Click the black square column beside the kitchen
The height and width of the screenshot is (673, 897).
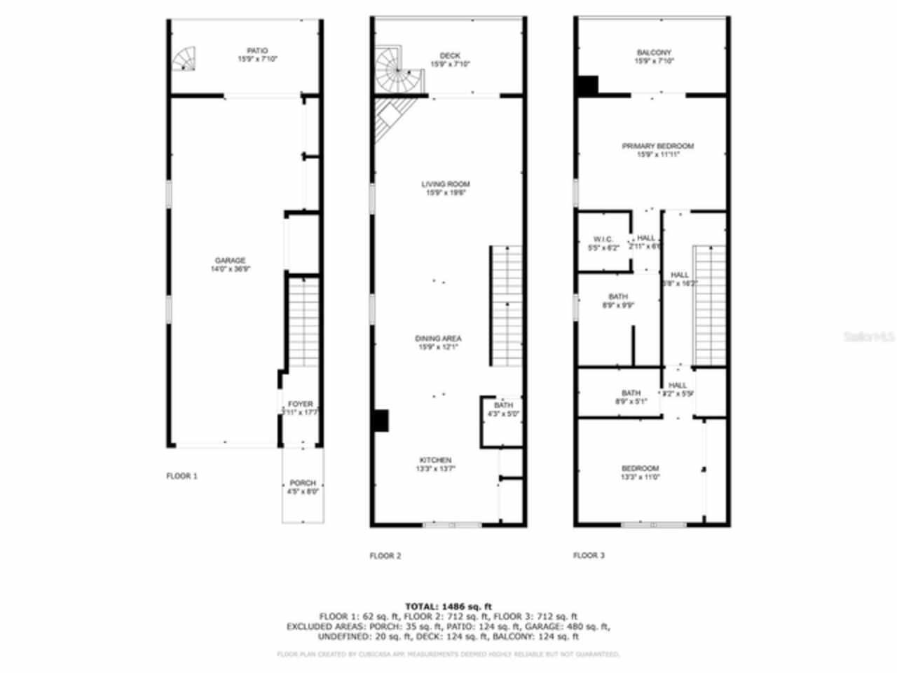[380, 420]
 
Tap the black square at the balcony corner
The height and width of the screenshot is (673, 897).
[587, 85]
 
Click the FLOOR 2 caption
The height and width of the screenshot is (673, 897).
[385, 556]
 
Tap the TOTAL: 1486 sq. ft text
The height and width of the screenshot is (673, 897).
[448, 606]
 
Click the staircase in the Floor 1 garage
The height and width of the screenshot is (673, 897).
[304, 322]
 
